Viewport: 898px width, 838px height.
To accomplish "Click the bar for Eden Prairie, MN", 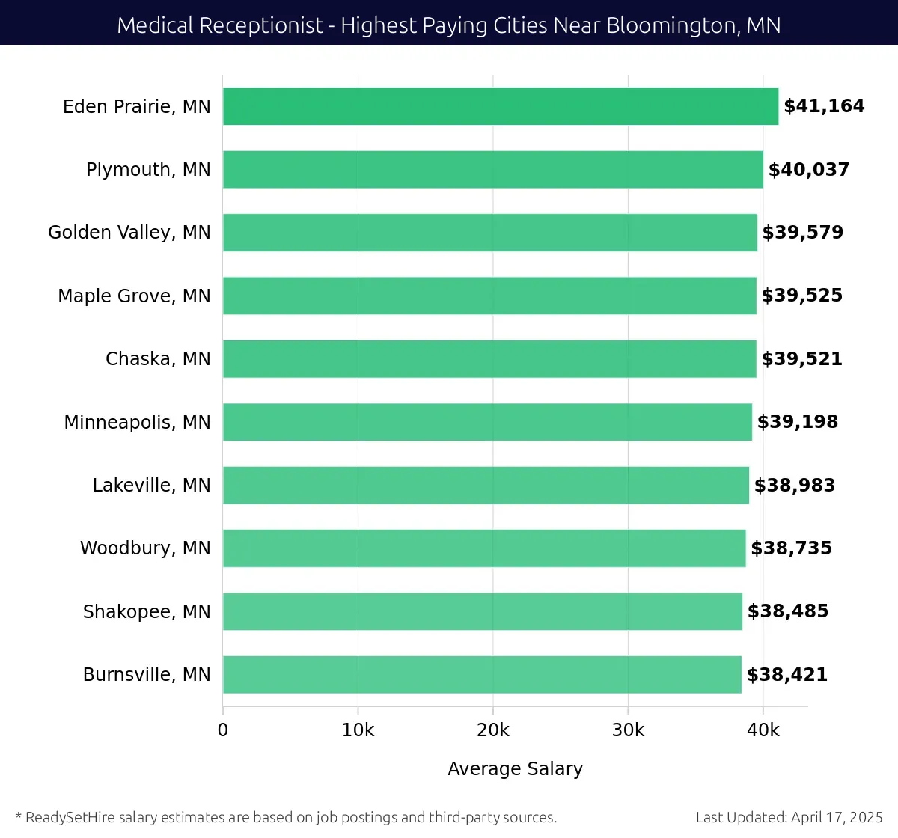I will [500, 106].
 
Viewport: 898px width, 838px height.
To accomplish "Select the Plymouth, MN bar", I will [492, 170].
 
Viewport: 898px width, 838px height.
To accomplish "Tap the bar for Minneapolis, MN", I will [487, 422].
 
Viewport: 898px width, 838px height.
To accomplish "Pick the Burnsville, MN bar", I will [482, 675].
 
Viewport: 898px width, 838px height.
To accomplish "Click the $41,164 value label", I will [824, 106].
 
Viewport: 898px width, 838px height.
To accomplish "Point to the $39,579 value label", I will [802, 233].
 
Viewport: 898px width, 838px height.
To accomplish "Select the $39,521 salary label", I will [801, 359].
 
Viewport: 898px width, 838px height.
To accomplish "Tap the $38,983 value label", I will [794, 486].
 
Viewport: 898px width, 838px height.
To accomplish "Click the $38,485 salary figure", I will [788, 611].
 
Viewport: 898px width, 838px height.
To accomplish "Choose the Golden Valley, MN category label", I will [129, 233].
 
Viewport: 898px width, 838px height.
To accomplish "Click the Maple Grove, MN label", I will [134, 296].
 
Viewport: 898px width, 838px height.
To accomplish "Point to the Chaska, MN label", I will [158, 359].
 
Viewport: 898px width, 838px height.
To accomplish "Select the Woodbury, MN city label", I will [145, 548].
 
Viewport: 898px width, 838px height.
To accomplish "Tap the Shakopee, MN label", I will [147, 612].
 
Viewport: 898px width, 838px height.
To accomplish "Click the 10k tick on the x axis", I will [358, 730].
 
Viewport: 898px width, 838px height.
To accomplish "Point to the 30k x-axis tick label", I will [628, 730].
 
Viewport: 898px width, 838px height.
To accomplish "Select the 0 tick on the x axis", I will [223, 730].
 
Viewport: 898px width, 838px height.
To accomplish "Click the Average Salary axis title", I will [515, 769].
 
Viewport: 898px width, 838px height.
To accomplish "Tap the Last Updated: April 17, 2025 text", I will [789, 817].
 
